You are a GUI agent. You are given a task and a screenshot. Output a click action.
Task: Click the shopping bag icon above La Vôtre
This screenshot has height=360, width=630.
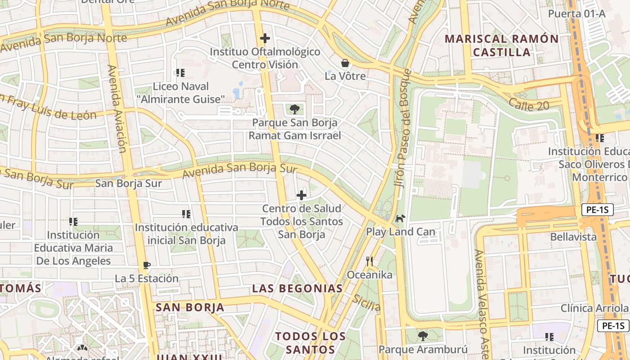pyautogui.click(x=345, y=63)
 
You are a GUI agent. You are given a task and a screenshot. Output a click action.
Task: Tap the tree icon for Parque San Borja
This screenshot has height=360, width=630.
pyautogui.click(x=295, y=109)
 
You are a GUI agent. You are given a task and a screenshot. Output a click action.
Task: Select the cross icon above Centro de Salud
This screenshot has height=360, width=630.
pyautogui.click(x=301, y=195)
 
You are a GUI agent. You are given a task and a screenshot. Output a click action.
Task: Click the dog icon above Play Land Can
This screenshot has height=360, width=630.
pyautogui.click(x=400, y=219)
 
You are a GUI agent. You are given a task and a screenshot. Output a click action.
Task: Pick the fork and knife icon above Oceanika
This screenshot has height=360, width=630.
pyautogui.click(x=369, y=261)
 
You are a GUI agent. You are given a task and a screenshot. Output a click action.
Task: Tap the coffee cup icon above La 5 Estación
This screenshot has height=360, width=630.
pyautogui.click(x=146, y=265)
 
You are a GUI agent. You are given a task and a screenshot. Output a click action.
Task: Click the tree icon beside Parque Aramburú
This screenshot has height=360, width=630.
pyautogui.click(x=423, y=336)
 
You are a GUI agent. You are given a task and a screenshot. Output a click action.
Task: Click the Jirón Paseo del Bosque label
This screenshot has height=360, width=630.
pyautogui.click(x=403, y=128)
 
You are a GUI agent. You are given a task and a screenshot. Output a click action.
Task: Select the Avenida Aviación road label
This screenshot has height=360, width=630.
pyautogui.click(x=117, y=108)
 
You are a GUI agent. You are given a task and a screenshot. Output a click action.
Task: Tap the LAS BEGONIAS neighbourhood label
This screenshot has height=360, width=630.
pyautogui.click(x=297, y=288)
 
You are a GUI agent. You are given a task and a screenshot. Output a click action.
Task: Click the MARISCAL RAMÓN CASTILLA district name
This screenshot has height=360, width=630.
pyautogui.click(x=502, y=45)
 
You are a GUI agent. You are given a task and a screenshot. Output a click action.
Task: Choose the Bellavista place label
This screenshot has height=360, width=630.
pyautogui.click(x=573, y=237)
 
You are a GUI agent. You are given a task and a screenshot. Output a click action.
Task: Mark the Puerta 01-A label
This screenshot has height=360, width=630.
pyautogui.click(x=576, y=13)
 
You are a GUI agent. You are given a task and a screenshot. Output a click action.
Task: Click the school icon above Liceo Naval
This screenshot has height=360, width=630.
pyautogui.click(x=180, y=72)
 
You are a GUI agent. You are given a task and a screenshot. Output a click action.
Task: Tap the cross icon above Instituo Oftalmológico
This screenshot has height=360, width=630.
pyautogui.click(x=265, y=38)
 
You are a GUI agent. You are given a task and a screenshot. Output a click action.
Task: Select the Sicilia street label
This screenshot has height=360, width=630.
pyautogui.click(x=366, y=302)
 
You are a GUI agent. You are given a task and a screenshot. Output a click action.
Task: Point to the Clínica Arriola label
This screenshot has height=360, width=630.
pyautogui.click(x=594, y=308)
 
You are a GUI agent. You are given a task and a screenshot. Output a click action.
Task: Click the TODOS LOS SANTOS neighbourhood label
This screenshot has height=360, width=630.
pyautogui.click(x=310, y=342)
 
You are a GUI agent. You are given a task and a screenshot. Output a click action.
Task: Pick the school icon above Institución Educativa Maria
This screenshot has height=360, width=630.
pyautogui.click(x=73, y=221)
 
